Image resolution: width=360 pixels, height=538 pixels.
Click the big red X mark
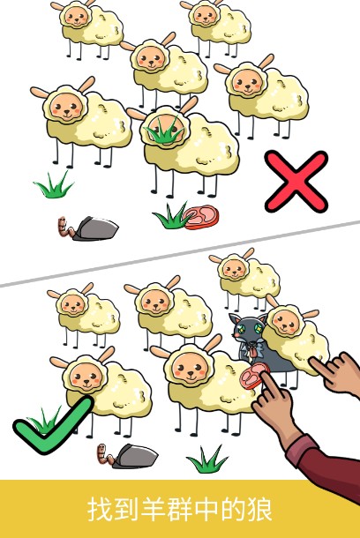coord(296,180)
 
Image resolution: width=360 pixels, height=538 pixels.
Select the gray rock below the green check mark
coord(133,456)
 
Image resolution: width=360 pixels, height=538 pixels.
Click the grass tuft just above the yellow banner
coord(208,459)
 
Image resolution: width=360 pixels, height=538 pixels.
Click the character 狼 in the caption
coord(259,510)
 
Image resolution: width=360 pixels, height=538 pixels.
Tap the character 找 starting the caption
coord(99,510)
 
